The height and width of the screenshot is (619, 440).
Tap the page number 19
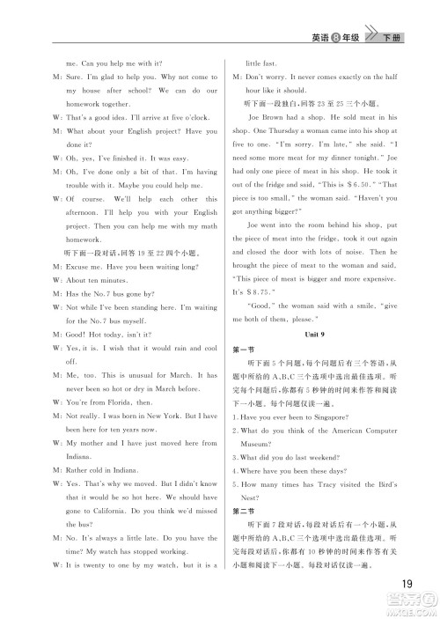pos(406,583)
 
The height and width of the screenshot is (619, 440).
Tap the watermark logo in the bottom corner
pos(410,607)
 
